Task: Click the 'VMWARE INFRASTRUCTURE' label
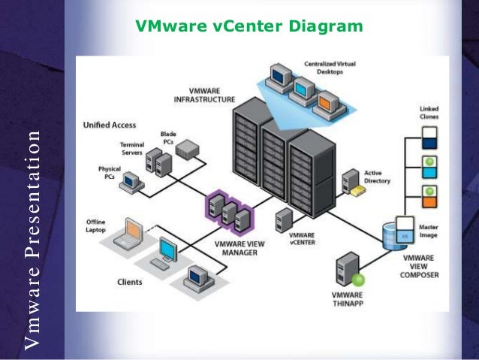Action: click(x=203, y=95)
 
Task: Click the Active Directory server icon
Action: click(x=351, y=181)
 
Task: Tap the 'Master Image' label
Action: click(x=430, y=232)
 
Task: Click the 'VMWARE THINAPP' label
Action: click(x=348, y=298)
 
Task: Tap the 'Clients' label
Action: click(x=130, y=283)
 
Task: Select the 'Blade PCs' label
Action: click(x=168, y=138)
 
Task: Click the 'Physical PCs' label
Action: click(x=110, y=172)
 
